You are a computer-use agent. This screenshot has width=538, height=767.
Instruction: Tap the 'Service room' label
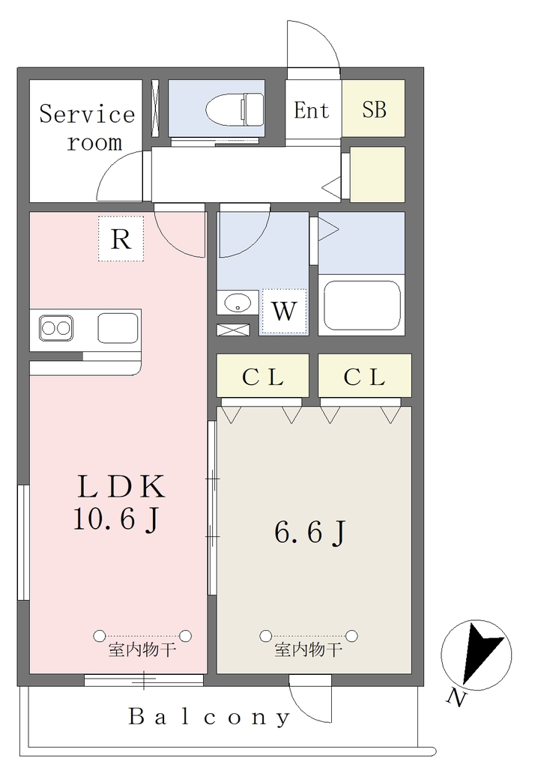87,127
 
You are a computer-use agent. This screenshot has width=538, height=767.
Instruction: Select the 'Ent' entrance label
312,110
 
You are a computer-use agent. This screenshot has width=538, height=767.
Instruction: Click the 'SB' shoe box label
375,109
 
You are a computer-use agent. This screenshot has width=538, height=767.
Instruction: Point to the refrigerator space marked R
121,239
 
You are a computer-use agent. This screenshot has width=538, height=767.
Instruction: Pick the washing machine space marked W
284,312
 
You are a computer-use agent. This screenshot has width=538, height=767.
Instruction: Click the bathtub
362,305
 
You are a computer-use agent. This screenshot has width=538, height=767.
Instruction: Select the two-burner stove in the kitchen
55,328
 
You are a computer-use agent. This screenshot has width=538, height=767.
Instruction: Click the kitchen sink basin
118,328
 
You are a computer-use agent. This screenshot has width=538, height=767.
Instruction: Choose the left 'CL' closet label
263,378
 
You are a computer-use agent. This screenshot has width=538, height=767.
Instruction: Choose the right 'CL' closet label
364,378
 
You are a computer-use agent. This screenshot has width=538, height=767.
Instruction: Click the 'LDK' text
122,487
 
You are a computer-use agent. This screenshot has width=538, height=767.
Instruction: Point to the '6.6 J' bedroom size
310,533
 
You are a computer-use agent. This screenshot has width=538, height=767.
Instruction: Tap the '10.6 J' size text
116,518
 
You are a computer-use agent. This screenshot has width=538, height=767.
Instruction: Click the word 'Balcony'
210,717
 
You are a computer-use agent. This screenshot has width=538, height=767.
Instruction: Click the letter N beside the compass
456,697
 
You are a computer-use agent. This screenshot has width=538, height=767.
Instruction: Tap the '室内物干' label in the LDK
142,649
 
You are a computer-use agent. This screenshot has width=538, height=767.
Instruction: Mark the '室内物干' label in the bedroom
309,649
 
